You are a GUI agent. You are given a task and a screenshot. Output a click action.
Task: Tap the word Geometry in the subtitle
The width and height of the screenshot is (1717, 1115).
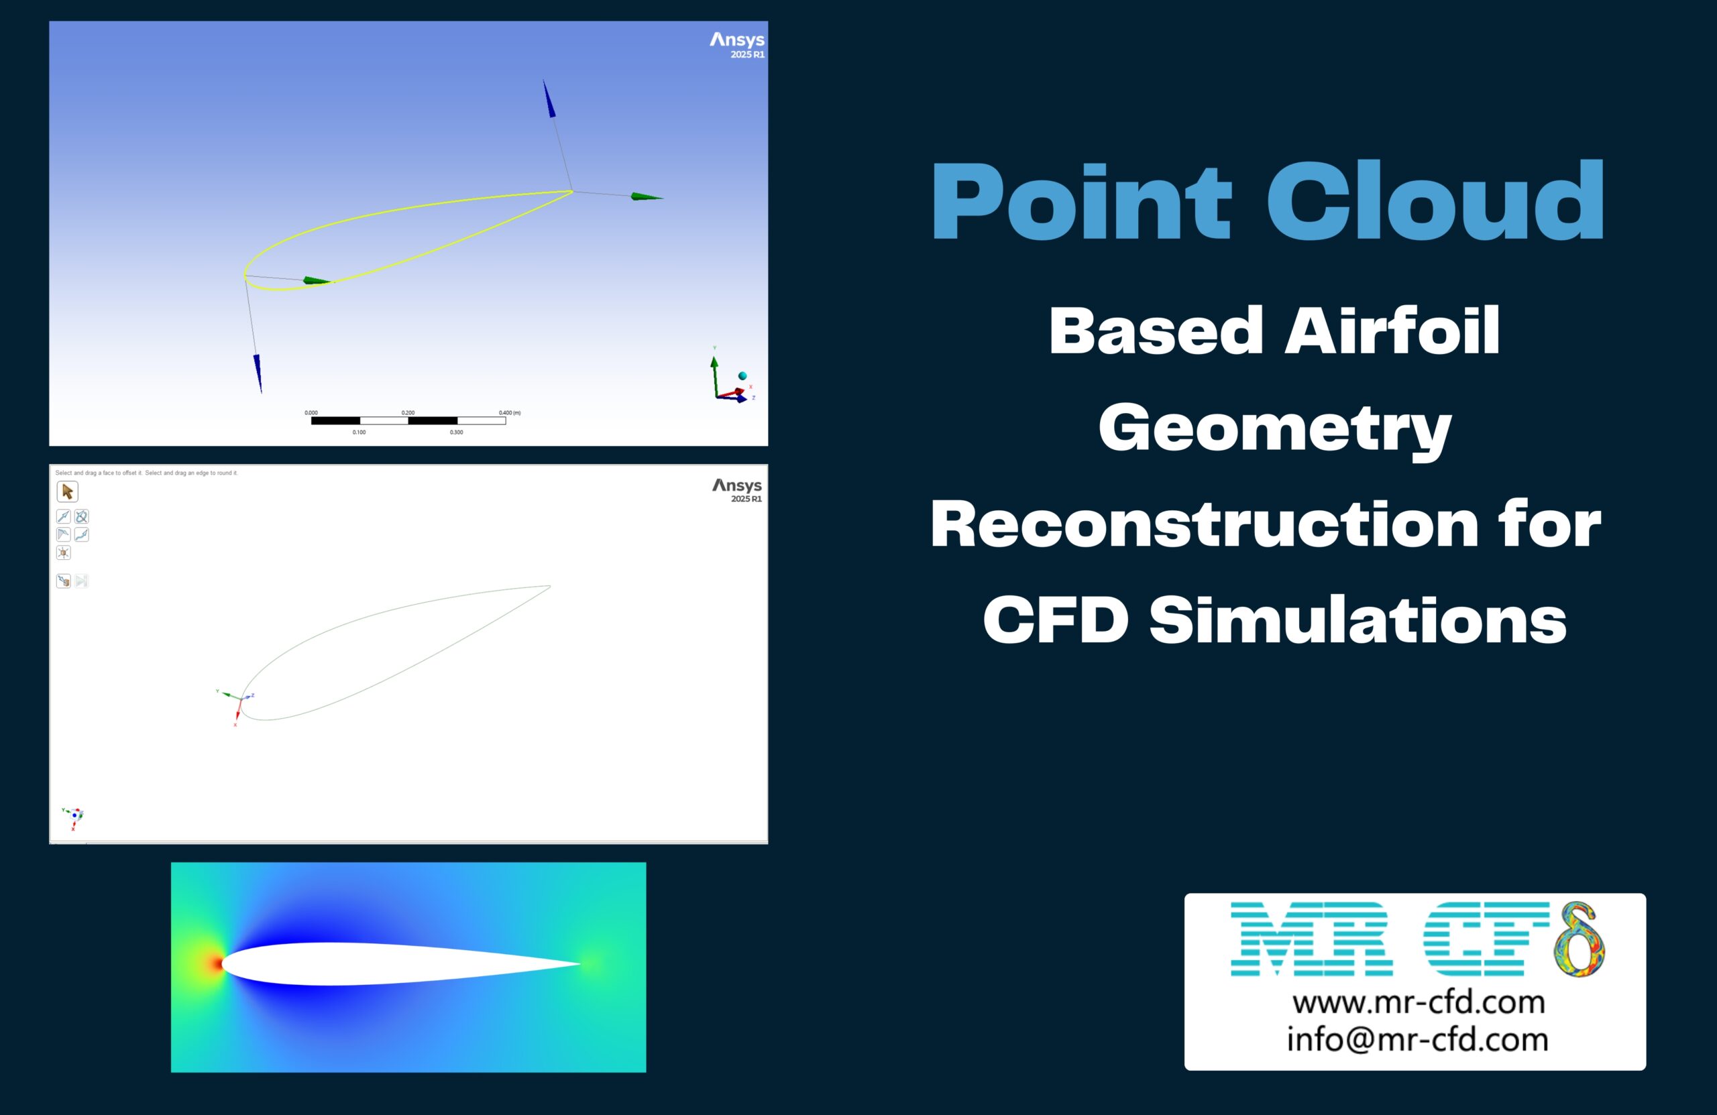1275,428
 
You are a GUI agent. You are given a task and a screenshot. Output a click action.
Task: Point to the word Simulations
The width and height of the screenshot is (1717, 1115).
1357,620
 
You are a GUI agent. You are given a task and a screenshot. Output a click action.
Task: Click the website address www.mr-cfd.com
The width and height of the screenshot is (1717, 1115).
1419,1002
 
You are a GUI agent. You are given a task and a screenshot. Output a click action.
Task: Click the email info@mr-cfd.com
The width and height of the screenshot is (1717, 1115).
1418,1039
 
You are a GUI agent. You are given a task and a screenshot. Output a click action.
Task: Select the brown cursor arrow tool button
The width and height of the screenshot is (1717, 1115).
67,492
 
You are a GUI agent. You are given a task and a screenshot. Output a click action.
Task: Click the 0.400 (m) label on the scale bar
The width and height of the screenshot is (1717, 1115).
508,412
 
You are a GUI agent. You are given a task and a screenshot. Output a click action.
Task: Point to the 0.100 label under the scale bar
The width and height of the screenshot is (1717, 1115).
359,432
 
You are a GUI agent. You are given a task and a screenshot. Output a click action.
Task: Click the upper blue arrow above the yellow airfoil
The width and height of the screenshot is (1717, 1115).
549,99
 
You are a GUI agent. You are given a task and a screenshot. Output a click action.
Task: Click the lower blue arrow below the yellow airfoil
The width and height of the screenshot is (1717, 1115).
258,372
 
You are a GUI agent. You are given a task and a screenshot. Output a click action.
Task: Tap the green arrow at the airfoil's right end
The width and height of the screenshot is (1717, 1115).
646,196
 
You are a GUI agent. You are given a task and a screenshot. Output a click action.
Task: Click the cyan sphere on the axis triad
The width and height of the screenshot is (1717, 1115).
742,375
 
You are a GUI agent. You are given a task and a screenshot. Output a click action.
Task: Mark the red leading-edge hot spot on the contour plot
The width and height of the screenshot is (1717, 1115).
215,963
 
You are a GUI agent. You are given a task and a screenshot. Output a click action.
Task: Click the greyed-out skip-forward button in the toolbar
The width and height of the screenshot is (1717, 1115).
82,581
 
